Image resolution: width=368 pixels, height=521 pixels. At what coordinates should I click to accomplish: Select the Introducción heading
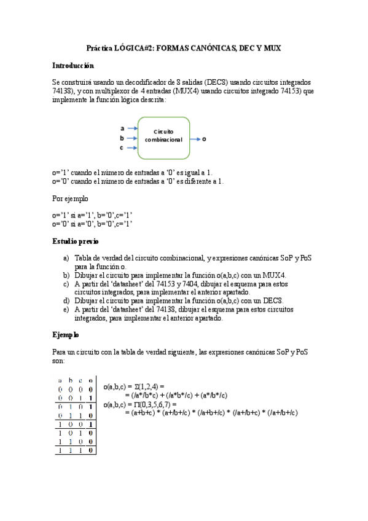click(72, 65)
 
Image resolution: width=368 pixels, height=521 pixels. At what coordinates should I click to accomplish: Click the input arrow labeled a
click(131, 128)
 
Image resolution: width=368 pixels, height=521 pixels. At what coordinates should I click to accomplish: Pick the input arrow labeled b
click(131, 138)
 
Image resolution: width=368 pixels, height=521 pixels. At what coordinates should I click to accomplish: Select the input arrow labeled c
click(131, 148)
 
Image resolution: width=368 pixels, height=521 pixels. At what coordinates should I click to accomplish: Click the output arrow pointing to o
click(195, 139)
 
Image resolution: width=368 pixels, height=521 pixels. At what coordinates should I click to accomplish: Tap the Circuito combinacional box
click(163, 136)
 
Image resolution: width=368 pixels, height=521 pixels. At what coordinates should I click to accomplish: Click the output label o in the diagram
click(205, 139)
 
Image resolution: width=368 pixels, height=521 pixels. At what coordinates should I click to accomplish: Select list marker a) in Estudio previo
click(66, 259)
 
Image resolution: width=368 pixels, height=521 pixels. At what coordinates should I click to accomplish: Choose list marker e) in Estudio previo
click(66, 310)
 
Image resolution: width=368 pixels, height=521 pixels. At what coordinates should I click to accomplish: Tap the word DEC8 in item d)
click(272, 301)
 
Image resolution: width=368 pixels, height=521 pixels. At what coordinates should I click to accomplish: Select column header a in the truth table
click(61, 380)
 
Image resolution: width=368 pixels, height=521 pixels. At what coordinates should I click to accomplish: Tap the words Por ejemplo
click(70, 198)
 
